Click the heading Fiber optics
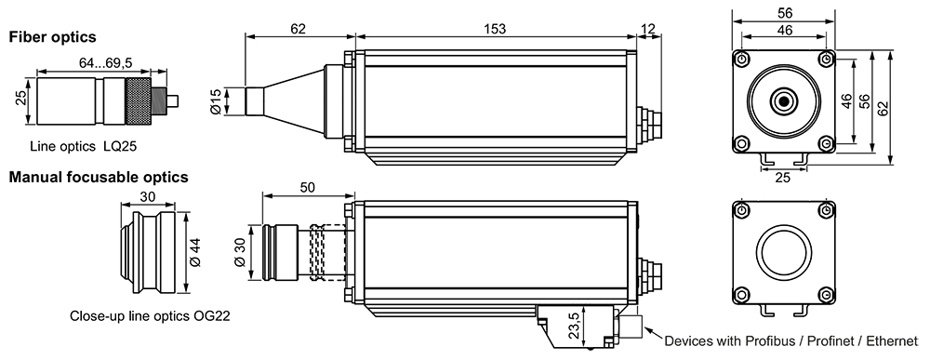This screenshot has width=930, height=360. [x=52, y=37]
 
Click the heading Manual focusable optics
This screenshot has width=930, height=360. [x=99, y=177]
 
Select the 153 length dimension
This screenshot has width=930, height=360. [x=495, y=29]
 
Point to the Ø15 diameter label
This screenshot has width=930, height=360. [x=216, y=101]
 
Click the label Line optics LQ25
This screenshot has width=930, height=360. [x=83, y=146]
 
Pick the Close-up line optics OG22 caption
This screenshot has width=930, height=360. [x=150, y=315]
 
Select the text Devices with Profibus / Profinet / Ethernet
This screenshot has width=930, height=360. [x=791, y=341]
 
